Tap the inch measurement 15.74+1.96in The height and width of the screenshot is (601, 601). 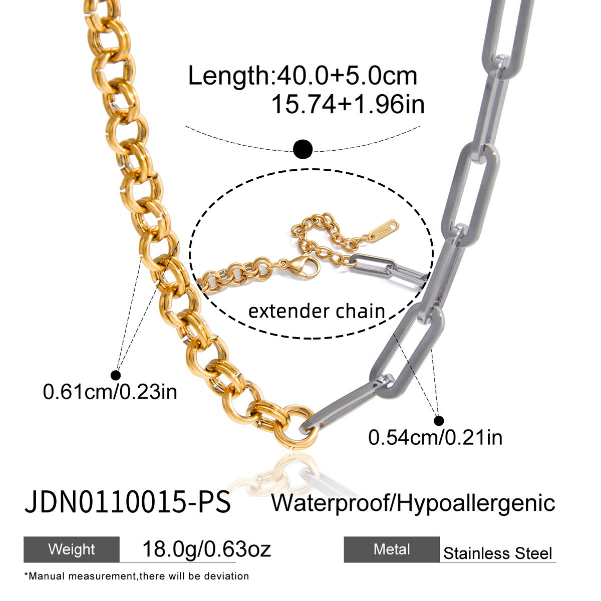tap(348, 105)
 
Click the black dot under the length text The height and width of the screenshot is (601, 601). tap(303, 149)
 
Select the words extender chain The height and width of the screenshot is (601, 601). tap(317, 311)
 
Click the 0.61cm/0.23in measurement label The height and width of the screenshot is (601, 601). tap(110, 392)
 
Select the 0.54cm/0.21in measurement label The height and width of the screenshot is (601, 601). tap(435, 437)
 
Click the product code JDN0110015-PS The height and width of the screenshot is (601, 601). tap(128, 502)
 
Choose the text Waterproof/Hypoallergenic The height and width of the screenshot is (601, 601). tap(413, 502)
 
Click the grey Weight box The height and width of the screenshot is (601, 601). tap(72, 549)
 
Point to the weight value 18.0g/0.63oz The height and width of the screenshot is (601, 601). tap(206, 549)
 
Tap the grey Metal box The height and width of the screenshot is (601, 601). tap(392, 549)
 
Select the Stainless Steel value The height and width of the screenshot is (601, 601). tap(497, 553)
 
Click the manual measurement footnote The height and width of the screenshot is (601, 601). tap(136, 576)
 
